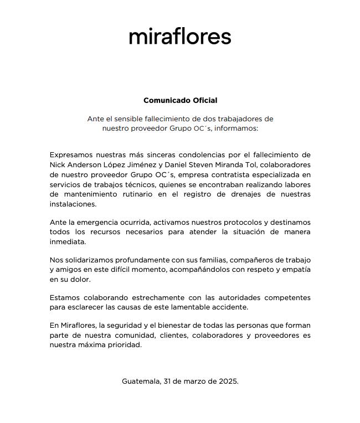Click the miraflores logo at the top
[180, 37]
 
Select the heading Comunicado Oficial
[180, 100]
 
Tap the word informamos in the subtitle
[236, 128]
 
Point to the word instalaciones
[73, 204]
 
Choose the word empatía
[295, 270]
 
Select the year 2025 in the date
[227, 381]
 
